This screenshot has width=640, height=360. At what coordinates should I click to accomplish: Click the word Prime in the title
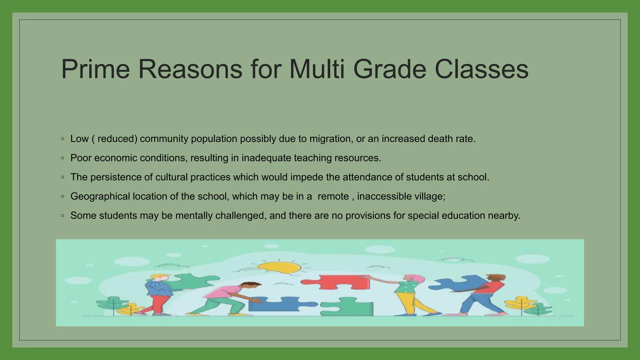(95, 69)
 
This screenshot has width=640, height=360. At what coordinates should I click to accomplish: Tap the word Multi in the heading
(317, 69)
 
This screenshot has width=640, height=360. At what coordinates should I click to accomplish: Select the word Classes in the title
(481, 69)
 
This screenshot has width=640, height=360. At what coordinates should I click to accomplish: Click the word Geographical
(100, 197)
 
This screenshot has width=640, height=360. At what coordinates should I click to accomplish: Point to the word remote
(333, 197)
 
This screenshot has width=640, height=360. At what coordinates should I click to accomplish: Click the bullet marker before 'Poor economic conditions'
(63, 158)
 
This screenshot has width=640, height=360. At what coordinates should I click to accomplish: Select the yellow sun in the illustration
(279, 268)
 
